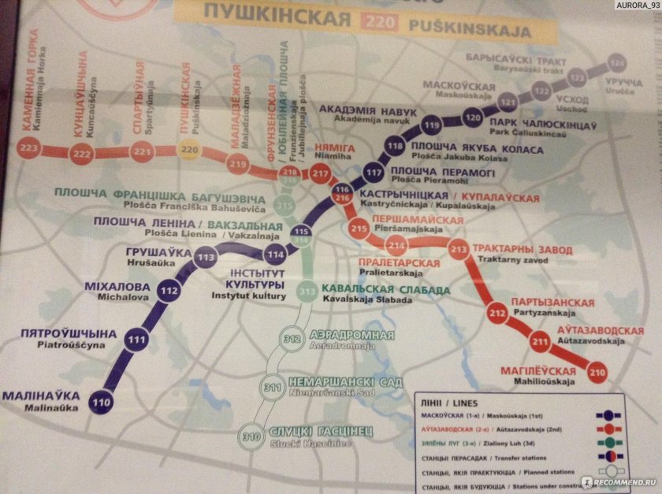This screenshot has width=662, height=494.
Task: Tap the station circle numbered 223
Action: [31, 148]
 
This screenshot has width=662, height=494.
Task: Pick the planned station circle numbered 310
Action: [252, 436]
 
